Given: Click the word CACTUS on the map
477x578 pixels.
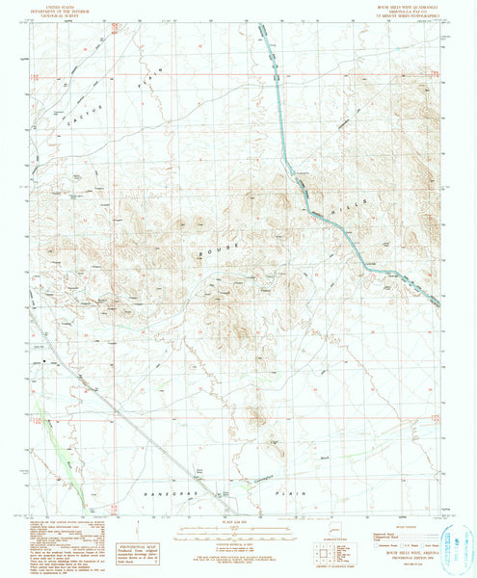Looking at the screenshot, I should (x=78, y=115).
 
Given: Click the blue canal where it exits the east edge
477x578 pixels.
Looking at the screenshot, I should (x=440, y=306).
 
